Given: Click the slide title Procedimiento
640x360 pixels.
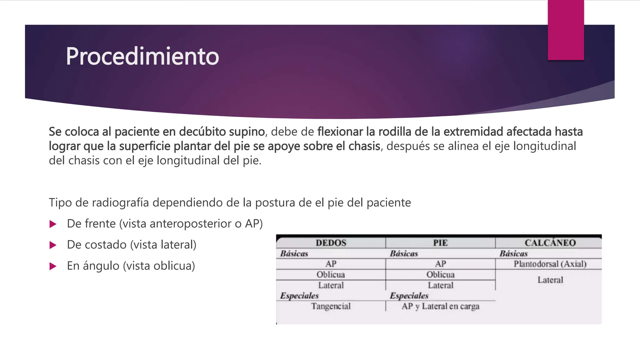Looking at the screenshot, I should click(142, 56).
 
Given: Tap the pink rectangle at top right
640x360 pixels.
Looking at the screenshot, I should click(566, 30).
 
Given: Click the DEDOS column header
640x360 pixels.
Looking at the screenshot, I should click(331, 243).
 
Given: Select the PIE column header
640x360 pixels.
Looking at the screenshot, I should click(440, 243).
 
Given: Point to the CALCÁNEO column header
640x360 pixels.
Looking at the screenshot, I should click(550, 243).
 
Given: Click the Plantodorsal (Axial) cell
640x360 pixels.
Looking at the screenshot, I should click(550, 264).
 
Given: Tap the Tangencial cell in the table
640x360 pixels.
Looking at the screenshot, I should click(331, 306).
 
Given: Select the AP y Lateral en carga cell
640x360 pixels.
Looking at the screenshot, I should click(440, 306).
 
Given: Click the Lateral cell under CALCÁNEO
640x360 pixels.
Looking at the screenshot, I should click(550, 280).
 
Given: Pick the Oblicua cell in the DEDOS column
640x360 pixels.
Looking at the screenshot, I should click(331, 275).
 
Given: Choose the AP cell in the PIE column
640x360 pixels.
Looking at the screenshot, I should click(440, 264).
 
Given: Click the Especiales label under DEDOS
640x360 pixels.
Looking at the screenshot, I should click(299, 296).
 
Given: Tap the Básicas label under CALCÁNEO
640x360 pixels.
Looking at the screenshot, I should click(513, 253).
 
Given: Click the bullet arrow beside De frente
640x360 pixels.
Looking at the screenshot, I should click(53, 224).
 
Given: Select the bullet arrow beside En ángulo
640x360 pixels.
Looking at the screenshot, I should click(53, 266).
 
